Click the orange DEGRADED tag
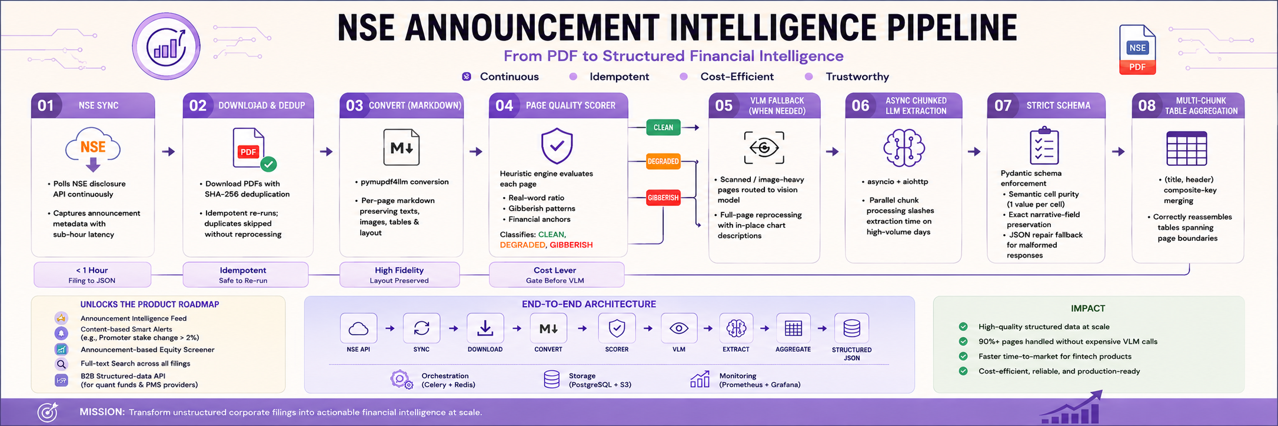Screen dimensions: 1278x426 (x=663, y=161)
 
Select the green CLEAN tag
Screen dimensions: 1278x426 (x=663, y=128)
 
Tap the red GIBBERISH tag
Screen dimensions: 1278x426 (x=663, y=198)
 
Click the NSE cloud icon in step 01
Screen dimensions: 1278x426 (x=93, y=149)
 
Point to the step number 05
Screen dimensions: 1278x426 (x=724, y=106)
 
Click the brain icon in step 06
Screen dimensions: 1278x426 (x=904, y=148)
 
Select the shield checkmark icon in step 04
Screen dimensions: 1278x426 (x=557, y=146)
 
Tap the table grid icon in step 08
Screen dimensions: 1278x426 (x=1186, y=148)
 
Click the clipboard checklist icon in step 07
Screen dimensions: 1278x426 (x=1044, y=145)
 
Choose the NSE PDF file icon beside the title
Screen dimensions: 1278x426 (x=1137, y=49)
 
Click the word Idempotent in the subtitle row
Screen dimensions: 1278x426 (x=619, y=76)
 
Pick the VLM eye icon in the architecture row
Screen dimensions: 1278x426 (x=679, y=328)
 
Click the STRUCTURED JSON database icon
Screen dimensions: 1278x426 (x=851, y=328)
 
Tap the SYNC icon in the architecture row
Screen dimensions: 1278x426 (x=421, y=328)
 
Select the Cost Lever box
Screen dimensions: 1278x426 (x=556, y=275)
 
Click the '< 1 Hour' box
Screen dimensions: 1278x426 (x=92, y=275)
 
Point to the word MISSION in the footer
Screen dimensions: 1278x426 (x=102, y=412)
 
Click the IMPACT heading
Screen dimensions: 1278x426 (x=1088, y=308)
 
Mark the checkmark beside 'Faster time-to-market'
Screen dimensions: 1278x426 (x=963, y=356)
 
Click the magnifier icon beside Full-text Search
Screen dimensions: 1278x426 (x=61, y=364)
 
